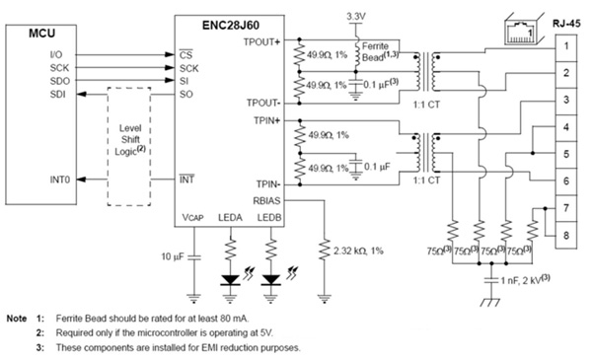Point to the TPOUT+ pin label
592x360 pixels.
[x=261, y=43]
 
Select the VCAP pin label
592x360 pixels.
[x=193, y=216]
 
